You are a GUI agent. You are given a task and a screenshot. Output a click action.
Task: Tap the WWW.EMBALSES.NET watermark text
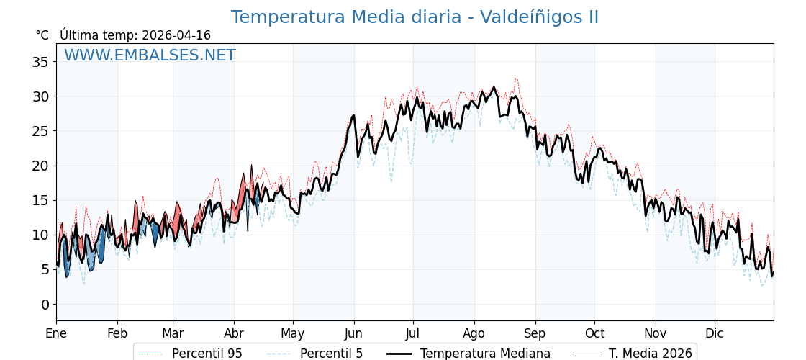click(150, 55)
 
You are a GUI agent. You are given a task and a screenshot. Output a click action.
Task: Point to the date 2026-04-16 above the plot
click(176, 35)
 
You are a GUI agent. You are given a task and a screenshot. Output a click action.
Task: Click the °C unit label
click(42, 35)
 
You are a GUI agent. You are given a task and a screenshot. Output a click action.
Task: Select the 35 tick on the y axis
click(40, 62)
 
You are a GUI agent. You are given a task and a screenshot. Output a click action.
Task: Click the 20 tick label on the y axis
click(40, 166)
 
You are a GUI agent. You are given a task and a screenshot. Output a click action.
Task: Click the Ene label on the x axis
click(56, 333)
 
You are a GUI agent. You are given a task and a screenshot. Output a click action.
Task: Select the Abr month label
click(234, 333)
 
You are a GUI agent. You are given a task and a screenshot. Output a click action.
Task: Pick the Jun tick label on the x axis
click(353, 333)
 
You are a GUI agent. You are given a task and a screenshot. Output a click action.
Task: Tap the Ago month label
click(474, 333)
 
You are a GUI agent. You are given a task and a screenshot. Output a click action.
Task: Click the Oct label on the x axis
click(594, 333)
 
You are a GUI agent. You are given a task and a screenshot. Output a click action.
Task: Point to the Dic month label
click(715, 333)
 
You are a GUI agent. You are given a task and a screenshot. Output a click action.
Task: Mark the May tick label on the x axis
click(293, 333)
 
